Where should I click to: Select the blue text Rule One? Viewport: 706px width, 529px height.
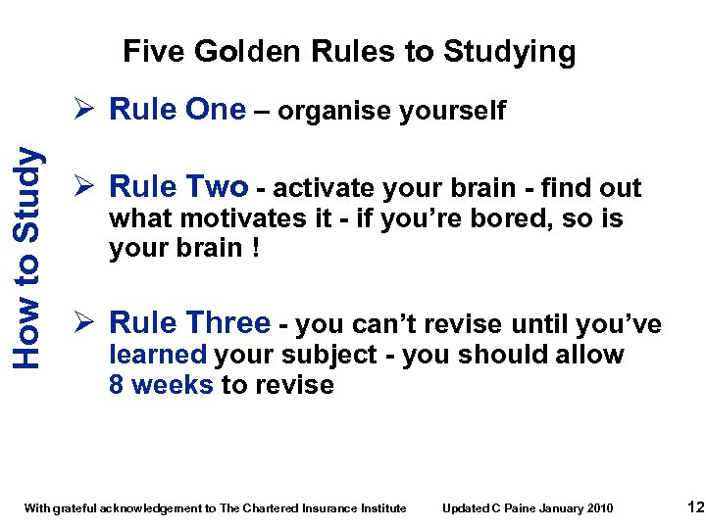177,110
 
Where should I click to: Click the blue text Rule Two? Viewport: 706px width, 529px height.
178,186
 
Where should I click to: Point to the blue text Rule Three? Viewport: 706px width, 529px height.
190,322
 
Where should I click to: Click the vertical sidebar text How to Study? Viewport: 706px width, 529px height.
30,258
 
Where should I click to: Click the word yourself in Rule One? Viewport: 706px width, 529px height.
452,112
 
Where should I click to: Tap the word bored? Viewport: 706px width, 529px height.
501,217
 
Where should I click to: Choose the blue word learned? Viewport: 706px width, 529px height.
158,355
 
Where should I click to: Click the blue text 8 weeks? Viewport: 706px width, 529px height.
161,385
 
